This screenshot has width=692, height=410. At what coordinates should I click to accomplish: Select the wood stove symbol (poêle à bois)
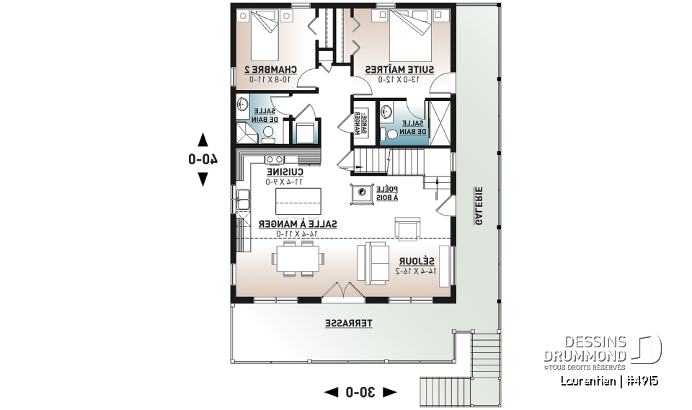click(x=360, y=194)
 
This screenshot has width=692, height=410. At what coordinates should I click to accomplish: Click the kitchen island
click(x=287, y=200)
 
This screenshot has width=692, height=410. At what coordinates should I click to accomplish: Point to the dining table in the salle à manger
click(x=296, y=258)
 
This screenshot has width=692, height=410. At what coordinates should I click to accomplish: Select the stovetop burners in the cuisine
click(x=274, y=159)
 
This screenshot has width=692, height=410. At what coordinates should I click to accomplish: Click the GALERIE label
click(x=478, y=205)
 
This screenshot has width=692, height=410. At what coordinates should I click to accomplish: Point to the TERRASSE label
click(x=349, y=324)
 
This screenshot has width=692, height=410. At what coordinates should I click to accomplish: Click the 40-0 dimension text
click(x=203, y=159)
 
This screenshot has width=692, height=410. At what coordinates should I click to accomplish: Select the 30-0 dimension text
click(x=360, y=392)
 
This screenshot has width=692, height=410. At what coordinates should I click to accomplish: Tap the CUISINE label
click(x=284, y=172)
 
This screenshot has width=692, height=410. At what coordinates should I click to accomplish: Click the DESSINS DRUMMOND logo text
click(x=585, y=349)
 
